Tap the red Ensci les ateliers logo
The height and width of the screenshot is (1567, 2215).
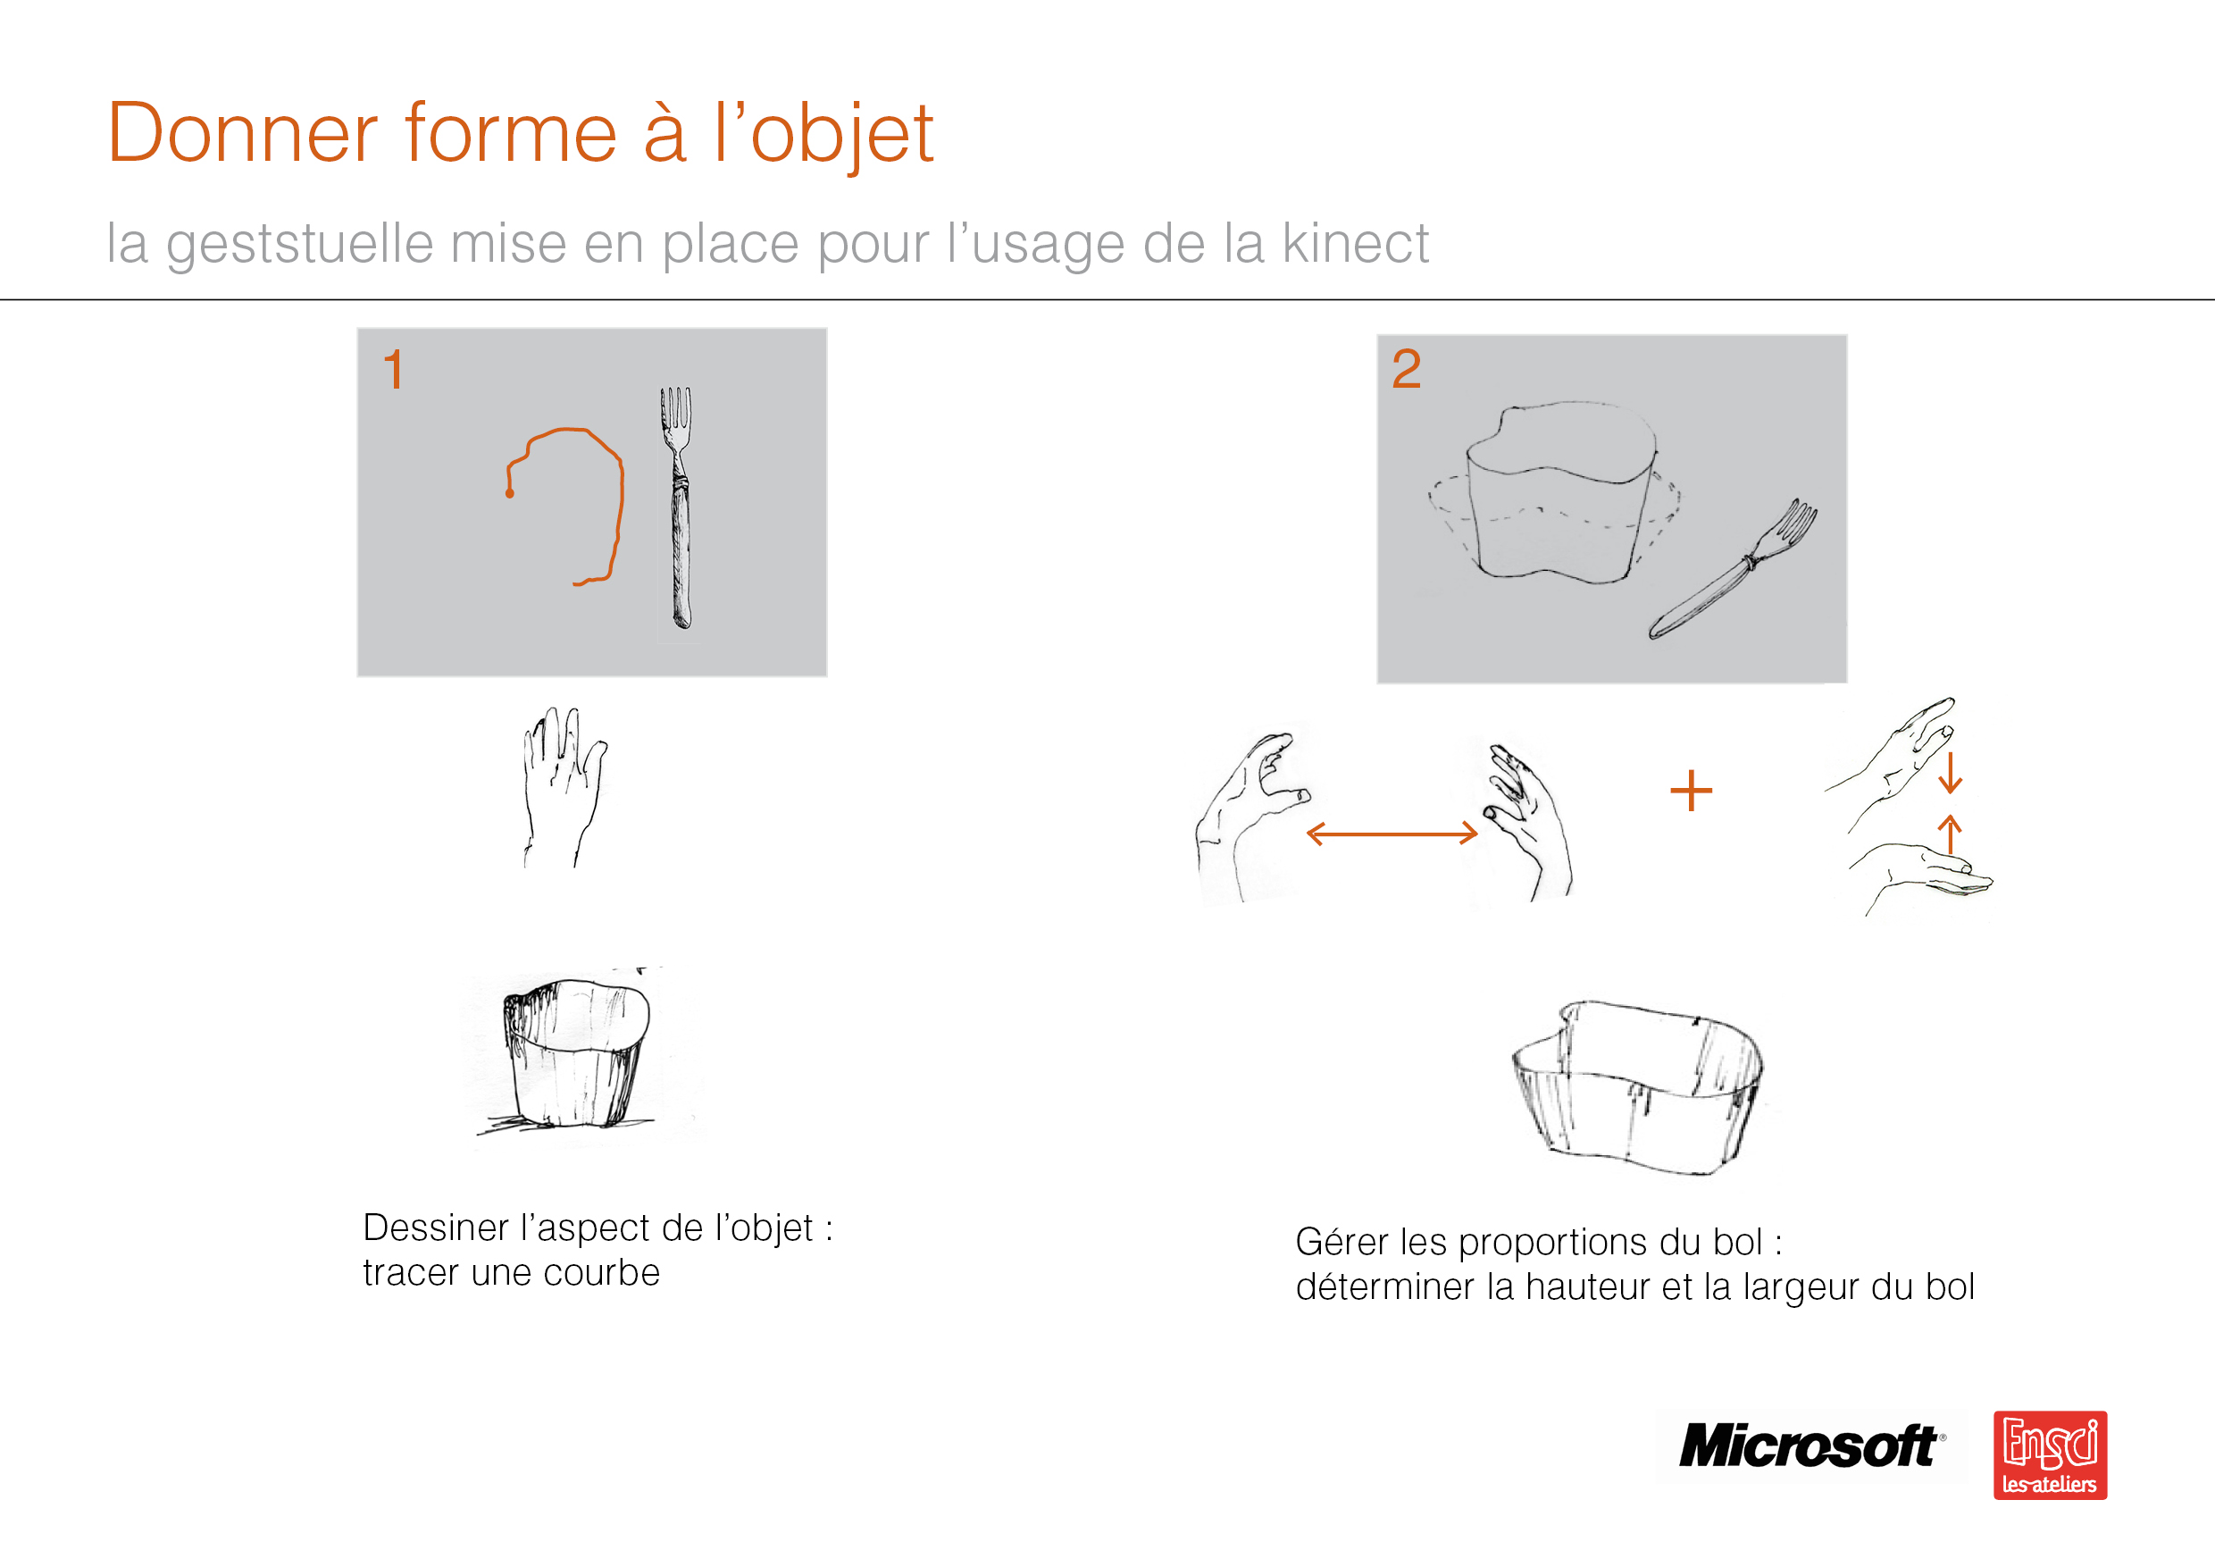pos(2050,1455)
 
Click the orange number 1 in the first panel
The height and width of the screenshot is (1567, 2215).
pos(393,370)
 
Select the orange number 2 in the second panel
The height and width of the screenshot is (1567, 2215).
pos(1406,369)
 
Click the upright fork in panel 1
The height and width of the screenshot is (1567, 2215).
pos(678,506)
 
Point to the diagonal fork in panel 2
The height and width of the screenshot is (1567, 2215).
pos(1733,570)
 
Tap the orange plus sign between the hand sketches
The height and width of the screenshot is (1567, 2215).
pos(1691,792)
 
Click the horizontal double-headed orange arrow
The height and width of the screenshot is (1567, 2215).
pos(1392,834)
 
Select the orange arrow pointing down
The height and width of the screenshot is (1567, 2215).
pos(1950,772)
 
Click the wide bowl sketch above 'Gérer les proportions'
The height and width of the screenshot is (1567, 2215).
pos(1637,1087)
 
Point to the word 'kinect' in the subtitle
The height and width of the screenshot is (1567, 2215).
pos(1356,243)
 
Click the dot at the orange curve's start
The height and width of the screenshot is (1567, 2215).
pos(509,494)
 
